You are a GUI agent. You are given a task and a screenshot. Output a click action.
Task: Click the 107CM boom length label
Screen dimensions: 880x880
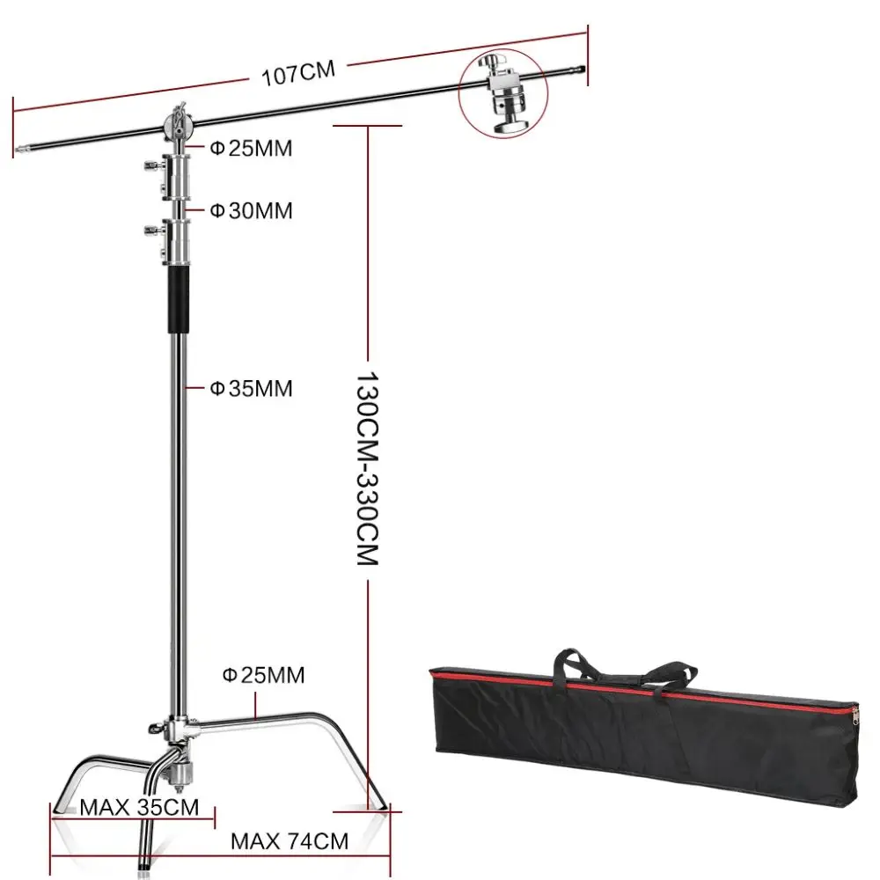[x=298, y=74]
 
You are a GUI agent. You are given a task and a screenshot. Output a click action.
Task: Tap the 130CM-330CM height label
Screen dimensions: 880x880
[x=368, y=468]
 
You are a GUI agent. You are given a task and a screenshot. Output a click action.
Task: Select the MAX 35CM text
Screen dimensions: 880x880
[x=139, y=807]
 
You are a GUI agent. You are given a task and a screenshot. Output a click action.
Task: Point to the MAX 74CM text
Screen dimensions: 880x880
[x=289, y=841]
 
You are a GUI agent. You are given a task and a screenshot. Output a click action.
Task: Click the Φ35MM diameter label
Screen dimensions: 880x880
[x=251, y=388]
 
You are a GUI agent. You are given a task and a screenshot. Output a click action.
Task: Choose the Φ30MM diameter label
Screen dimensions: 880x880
[x=251, y=210]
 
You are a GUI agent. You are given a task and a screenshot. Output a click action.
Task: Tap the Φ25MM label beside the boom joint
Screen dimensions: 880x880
[x=251, y=148]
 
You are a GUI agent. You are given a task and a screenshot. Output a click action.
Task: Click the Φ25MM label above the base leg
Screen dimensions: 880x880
[x=263, y=675]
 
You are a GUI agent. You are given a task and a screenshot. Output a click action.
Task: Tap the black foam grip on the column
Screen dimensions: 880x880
[x=179, y=300]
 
